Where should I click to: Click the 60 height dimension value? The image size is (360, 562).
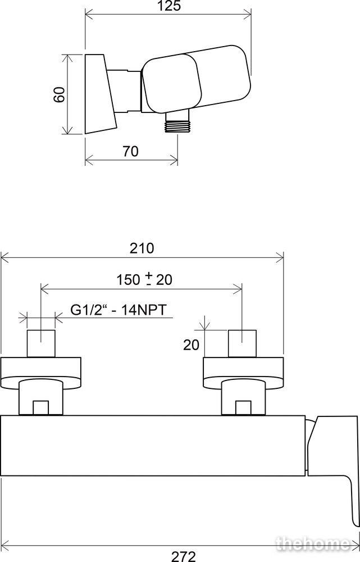coord(60,94)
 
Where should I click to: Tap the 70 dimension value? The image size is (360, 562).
coord(131,151)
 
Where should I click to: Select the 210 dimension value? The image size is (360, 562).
coord(142,248)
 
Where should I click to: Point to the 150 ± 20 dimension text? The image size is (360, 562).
coord(144,279)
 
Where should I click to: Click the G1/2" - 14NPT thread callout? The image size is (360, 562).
coord(119,310)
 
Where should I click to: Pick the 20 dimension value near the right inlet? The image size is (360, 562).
coord(192,345)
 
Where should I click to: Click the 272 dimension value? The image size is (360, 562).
coord(184,556)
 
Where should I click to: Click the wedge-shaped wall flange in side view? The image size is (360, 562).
coord(101,94)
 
